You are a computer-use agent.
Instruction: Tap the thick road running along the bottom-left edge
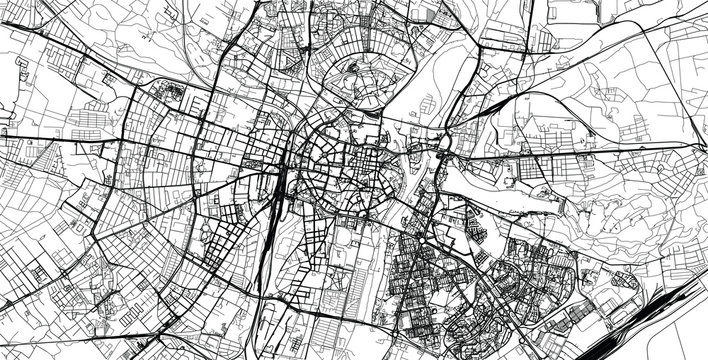[x=60, y=320]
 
